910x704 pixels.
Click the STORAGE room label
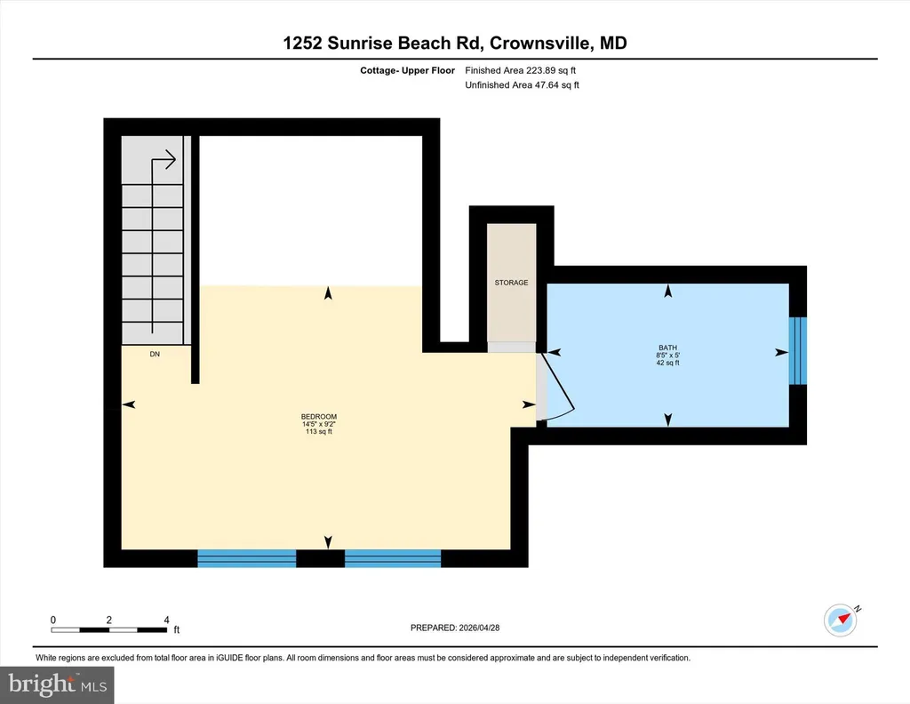coord(511,283)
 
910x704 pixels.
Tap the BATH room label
coord(668,348)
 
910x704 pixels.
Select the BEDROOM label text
coord(319,417)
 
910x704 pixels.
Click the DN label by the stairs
coord(155,354)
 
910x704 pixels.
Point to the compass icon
coord(841,620)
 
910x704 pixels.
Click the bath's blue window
coord(798,350)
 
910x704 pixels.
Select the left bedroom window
coord(247,558)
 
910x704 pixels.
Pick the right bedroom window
coord(393,558)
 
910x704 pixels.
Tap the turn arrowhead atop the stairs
coord(171,159)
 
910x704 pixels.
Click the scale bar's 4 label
coord(166,620)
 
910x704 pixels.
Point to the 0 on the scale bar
coord(52,620)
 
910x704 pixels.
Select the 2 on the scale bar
coord(109,620)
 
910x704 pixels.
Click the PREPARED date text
coord(455,628)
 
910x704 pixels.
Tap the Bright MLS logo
coord(57,684)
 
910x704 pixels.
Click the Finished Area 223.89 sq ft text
coord(521,70)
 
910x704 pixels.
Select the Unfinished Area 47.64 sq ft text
coord(523,84)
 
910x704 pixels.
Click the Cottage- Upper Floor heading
coord(407,70)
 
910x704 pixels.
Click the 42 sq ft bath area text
coord(668,363)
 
